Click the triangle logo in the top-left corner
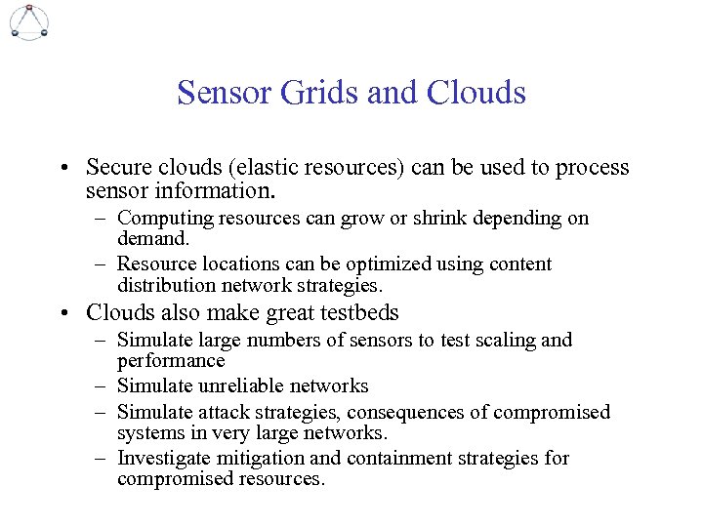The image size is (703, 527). coord(28,20)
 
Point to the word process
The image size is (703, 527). coord(593,168)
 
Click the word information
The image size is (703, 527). coord(214,188)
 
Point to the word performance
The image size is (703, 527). coord(170,361)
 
